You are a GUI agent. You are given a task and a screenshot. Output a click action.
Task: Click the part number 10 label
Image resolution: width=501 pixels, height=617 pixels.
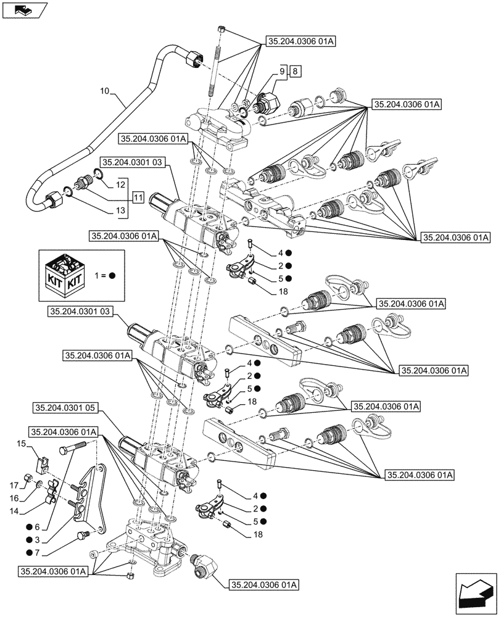click(x=104, y=91)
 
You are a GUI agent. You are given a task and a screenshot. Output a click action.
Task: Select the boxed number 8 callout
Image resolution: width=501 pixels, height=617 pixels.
click(x=296, y=72)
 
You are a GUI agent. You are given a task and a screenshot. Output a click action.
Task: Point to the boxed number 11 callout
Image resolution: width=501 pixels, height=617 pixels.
click(x=137, y=198)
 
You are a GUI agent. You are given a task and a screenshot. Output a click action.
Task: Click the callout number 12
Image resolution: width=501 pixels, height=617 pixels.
click(x=120, y=184)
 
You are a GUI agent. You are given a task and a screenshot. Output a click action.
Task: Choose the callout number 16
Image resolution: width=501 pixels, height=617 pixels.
click(x=20, y=497)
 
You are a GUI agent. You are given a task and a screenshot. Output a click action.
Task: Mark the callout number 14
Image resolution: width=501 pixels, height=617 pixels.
click(x=20, y=511)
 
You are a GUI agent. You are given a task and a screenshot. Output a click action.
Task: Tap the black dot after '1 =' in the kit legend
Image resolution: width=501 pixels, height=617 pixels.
click(x=112, y=276)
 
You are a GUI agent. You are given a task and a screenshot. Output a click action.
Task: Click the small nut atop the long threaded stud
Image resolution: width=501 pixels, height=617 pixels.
click(x=221, y=29)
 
